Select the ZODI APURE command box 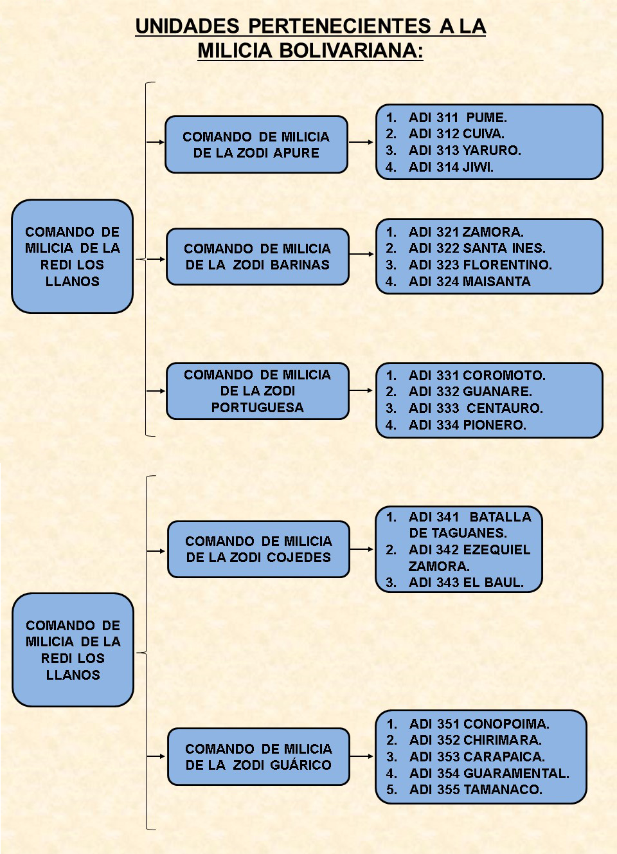point(256,145)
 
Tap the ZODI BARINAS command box point(257,257)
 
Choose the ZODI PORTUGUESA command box point(257,391)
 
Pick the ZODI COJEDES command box point(258,549)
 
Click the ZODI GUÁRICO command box point(258,756)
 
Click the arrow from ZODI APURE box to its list point(361,142)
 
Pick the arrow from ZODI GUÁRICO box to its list point(362,756)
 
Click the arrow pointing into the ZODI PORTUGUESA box point(156,391)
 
